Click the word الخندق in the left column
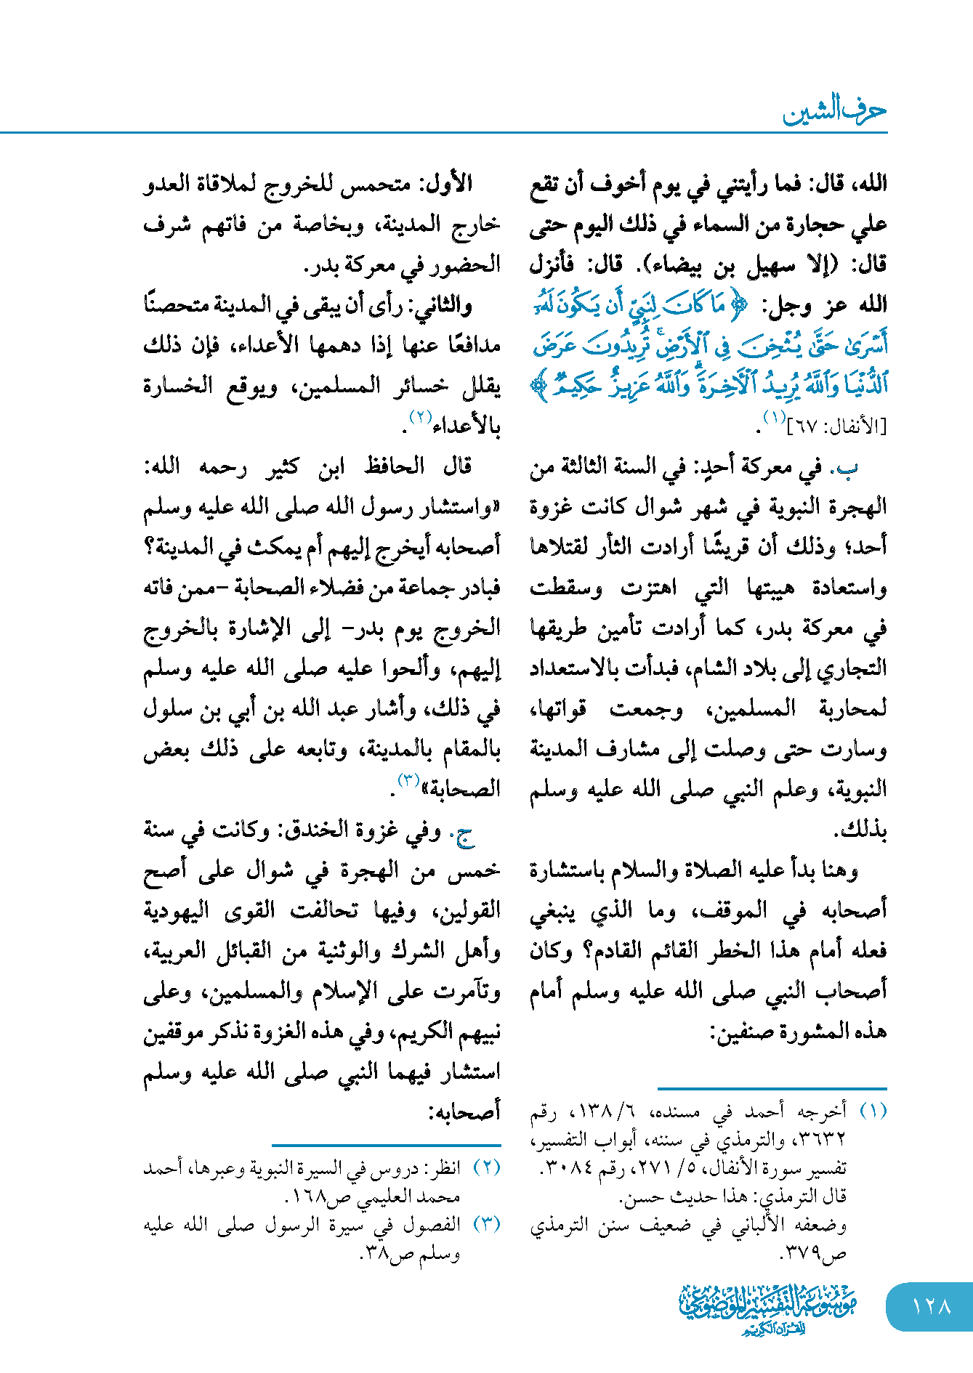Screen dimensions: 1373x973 pyautogui.click(x=362, y=830)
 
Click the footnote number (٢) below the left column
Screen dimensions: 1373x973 pyautogui.click(x=487, y=1168)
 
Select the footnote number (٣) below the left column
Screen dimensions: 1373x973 pyautogui.click(x=487, y=1224)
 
